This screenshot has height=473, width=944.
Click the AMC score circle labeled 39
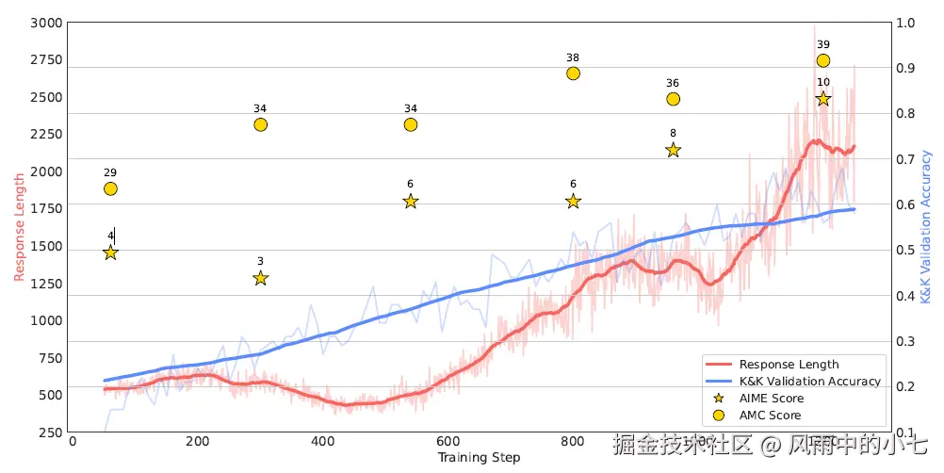(x=823, y=60)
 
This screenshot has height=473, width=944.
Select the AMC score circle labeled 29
(x=110, y=188)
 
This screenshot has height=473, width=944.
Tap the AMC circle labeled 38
(x=573, y=73)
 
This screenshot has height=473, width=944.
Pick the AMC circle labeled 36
(x=673, y=99)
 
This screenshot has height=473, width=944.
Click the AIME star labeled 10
(x=823, y=98)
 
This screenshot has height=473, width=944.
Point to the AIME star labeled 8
(x=673, y=150)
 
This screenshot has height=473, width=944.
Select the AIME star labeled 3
(x=261, y=278)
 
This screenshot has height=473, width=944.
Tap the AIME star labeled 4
(x=110, y=253)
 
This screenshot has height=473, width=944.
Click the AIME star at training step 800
(x=573, y=201)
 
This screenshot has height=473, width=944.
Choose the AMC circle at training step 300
(x=261, y=124)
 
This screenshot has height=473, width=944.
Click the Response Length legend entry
(x=789, y=365)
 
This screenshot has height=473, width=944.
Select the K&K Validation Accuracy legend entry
(x=809, y=382)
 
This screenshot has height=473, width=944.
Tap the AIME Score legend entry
(x=772, y=399)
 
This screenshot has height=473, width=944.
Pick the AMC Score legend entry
(x=770, y=416)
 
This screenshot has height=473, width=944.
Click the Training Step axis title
(x=479, y=458)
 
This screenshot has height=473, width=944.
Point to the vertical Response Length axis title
(x=19, y=226)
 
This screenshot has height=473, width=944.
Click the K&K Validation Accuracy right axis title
(x=926, y=226)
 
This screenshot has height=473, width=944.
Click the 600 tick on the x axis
(x=448, y=441)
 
